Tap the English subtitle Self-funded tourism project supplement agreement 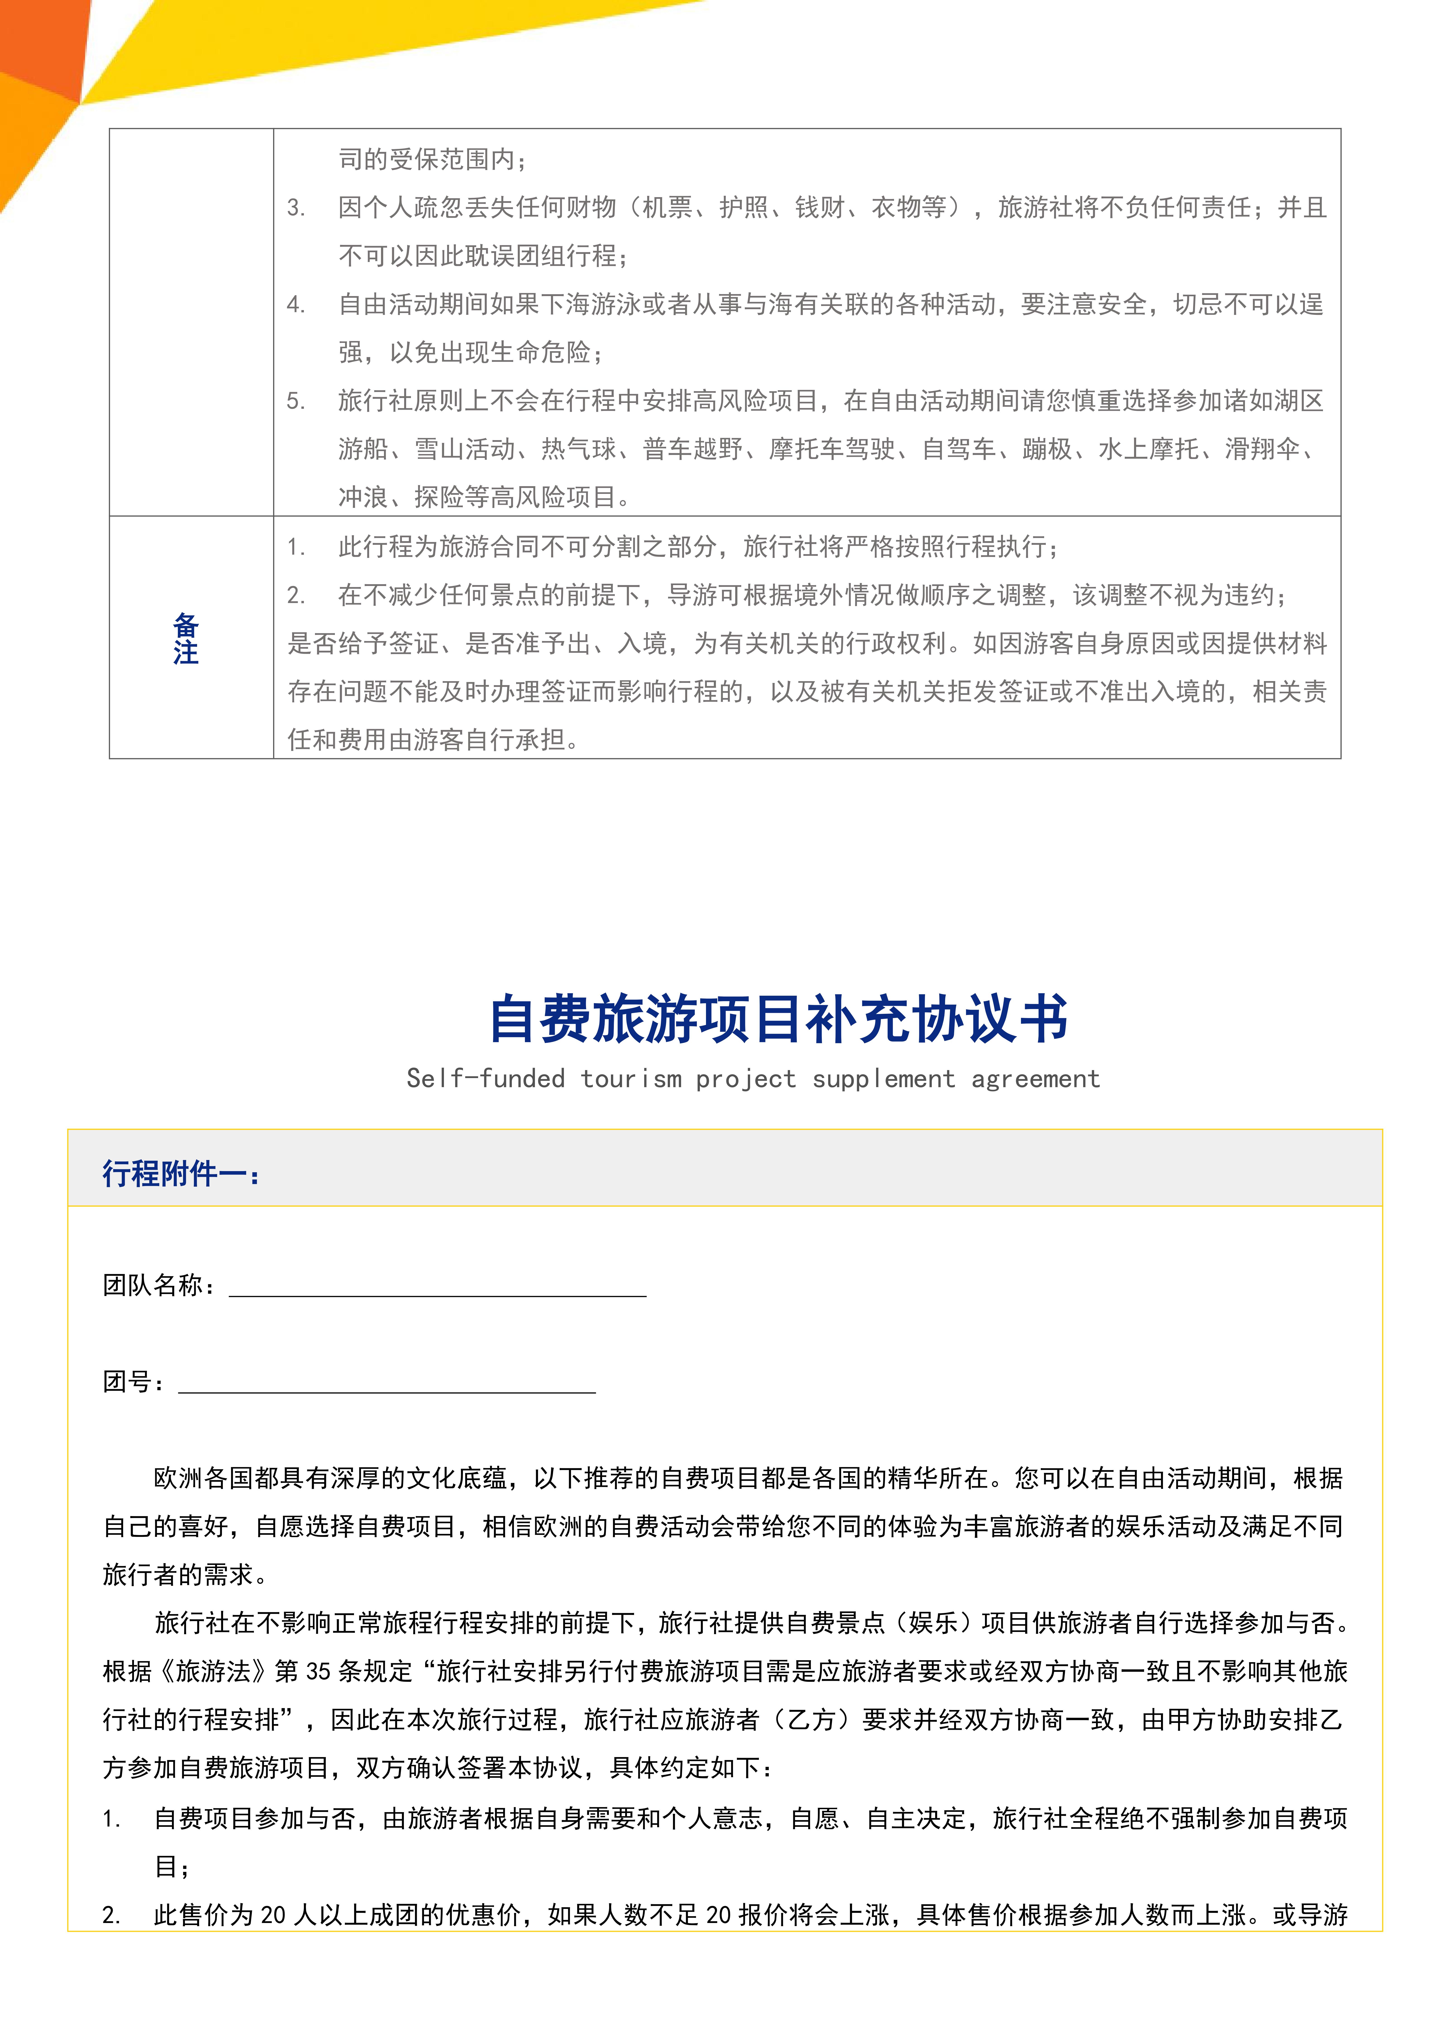click(753, 1078)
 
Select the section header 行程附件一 click(181, 1174)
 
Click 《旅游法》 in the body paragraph click(212, 1671)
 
